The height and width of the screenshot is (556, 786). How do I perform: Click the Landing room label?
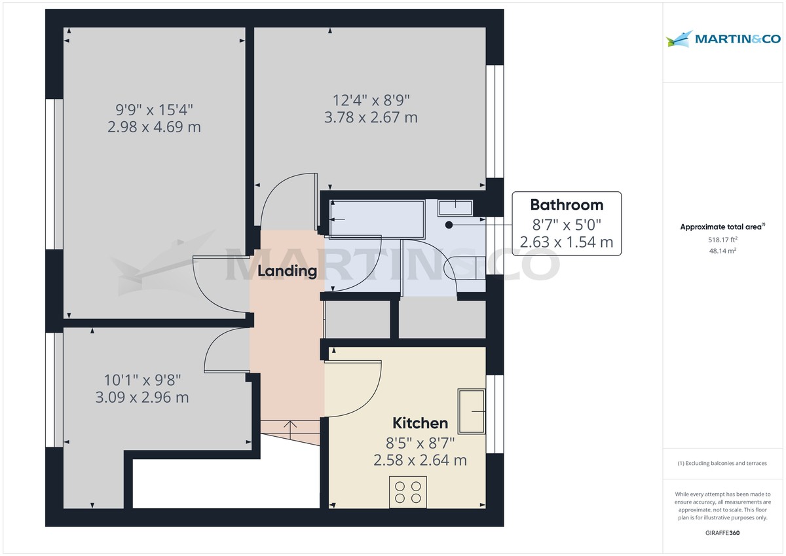(287, 271)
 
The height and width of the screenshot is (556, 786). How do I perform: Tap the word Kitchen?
(420, 423)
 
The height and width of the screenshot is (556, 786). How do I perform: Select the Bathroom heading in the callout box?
(567, 205)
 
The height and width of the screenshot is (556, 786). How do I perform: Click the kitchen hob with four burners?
(407, 492)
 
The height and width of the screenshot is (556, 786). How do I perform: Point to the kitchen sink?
(472, 411)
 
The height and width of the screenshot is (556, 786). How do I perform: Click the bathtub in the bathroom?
(377, 219)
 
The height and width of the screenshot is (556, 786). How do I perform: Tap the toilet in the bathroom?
(464, 268)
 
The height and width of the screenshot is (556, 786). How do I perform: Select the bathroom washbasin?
(455, 208)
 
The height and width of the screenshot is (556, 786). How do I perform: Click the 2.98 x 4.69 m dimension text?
(154, 127)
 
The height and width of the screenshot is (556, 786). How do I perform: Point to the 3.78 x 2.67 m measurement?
(371, 117)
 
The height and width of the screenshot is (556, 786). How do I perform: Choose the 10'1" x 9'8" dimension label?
(143, 380)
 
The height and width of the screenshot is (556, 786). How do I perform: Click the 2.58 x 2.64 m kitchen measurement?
(420, 460)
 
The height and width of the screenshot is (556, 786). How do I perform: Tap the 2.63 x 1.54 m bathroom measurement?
(567, 242)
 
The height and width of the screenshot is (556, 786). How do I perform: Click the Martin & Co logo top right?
(723, 39)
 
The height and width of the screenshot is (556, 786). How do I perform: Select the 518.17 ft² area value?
(722, 240)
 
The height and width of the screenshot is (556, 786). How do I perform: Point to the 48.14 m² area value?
(722, 251)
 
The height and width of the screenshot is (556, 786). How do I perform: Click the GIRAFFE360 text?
(722, 533)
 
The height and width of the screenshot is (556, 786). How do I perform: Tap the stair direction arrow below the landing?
(290, 430)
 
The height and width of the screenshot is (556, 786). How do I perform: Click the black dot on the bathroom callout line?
(449, 225)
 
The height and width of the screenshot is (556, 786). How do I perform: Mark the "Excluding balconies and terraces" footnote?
(722, 463)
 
